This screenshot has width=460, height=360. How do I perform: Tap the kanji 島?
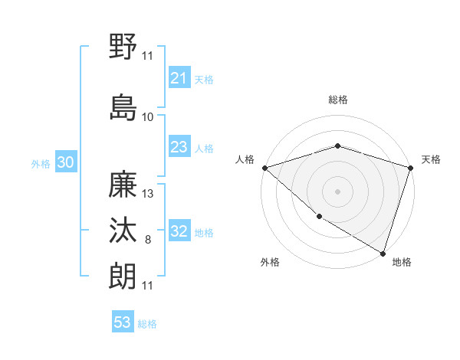(x=123, y=106)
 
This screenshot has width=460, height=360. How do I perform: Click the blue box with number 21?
(x=179, y=78)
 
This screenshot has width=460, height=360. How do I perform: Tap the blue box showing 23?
(x=179, y=148)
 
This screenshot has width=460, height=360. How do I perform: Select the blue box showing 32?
(x=179, y=232)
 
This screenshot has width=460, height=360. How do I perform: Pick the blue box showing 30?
(x=65, y=163)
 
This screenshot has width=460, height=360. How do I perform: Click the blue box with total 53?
(x=123, y=322)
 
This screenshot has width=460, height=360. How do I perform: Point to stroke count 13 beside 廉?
(x=149, y=194)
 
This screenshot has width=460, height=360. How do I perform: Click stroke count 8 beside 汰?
(x=148, y=241)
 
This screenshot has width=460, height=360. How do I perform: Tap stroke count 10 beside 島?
(x=148, y=117)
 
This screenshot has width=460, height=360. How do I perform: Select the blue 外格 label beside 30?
(x=41, y=164)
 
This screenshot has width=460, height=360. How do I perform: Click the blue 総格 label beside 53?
(x=147, y=324)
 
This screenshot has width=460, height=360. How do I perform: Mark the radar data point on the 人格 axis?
(x=264, y=168)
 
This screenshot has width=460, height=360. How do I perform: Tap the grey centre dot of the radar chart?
(x=337, y=191)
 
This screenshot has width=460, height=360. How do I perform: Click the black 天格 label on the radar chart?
(x=432, y=159)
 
